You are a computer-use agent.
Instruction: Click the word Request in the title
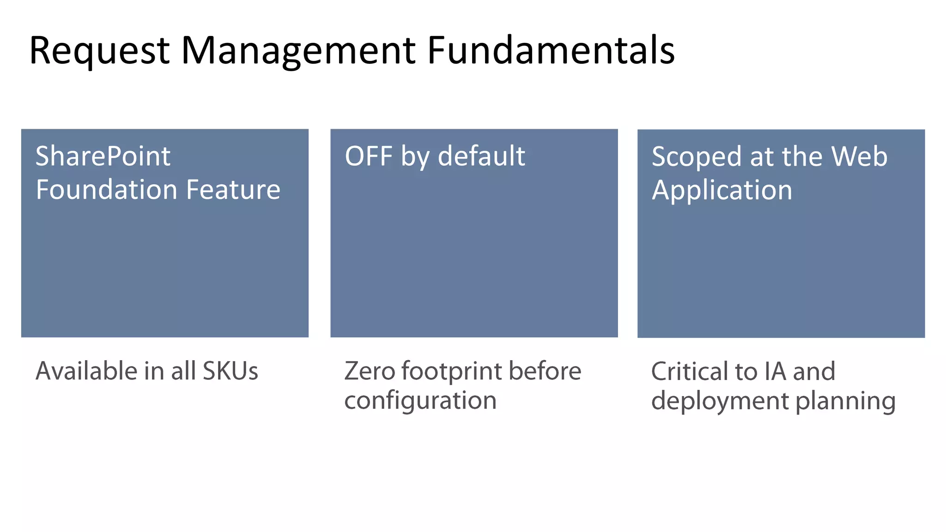99,51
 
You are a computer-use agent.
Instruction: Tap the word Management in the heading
298,51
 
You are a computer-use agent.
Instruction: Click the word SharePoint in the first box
103,157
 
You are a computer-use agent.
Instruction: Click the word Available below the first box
86,371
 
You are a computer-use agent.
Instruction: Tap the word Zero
369,371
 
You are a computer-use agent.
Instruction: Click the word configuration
420,400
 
